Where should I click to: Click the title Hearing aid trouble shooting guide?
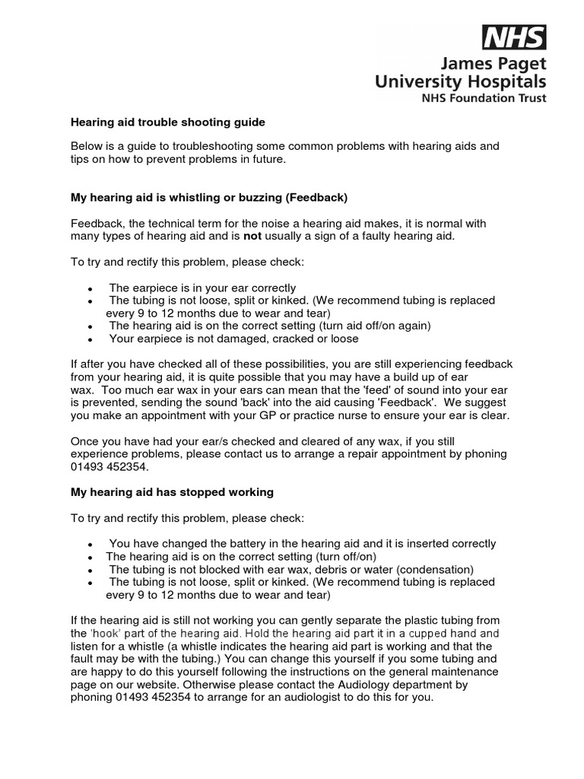167,122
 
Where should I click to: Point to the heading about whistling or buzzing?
209,198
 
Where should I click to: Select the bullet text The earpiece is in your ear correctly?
202,288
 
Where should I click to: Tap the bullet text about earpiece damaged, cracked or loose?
233,339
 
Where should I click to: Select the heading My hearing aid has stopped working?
172,492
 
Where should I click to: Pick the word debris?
330,570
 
